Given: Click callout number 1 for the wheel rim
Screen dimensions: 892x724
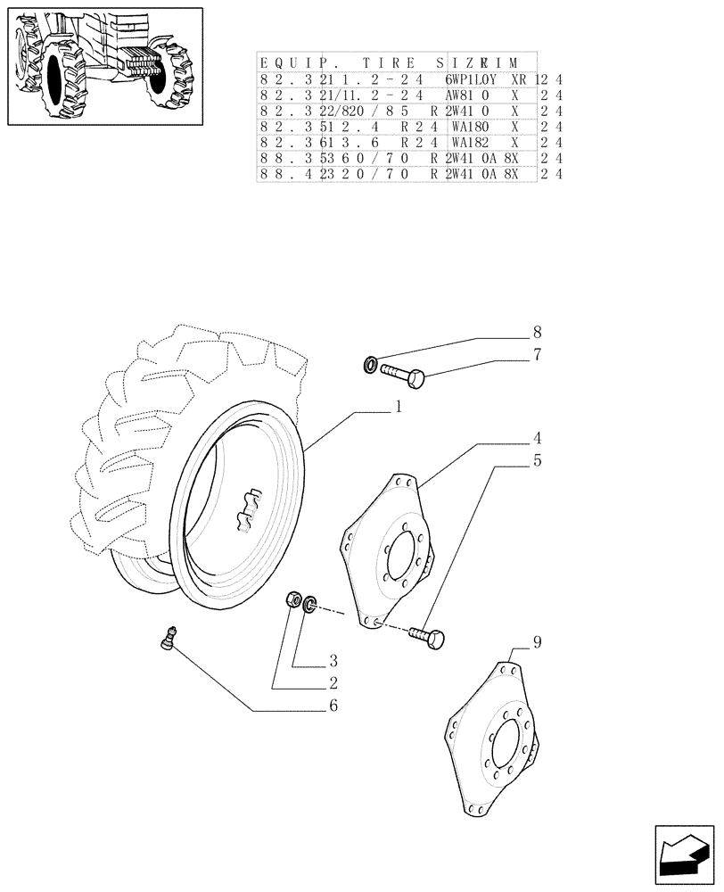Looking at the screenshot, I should point(398,406).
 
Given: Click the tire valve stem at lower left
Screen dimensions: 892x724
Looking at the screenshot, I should point(167,638).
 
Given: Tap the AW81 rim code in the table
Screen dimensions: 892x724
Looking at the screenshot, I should point(465,95).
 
